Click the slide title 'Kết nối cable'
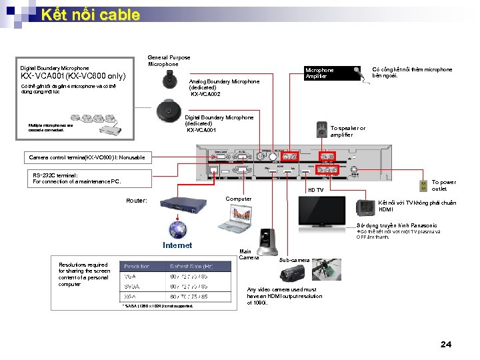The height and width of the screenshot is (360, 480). pos(90,15)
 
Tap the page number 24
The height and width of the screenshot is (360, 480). pos(446,344)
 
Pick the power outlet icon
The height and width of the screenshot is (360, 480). pos(423,185)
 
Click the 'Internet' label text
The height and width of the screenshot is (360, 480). pos(177,245)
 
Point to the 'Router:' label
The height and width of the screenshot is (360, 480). pos(137,201)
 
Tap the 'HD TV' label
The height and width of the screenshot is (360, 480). pos(315,191)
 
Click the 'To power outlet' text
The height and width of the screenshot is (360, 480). pos(443,185)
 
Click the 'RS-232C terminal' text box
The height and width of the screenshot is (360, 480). pos(77,178)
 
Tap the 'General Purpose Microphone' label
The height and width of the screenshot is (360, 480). pos(169,61)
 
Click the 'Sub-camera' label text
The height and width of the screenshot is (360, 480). pos(293,259)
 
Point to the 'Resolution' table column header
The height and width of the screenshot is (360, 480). pos(137,266)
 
